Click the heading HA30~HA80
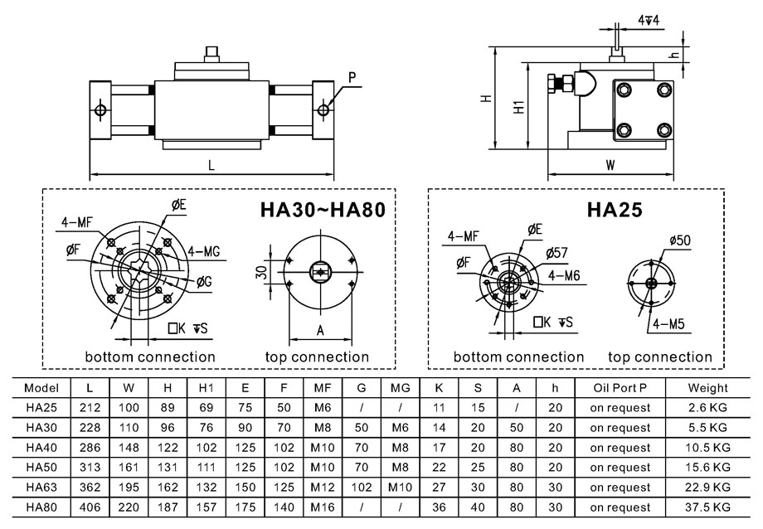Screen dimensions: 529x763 [323, 211]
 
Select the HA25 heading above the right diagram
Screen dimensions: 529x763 [615, 211]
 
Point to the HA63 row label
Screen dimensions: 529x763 [41, 488]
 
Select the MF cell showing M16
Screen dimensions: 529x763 [322, 507]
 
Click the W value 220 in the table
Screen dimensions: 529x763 [129, 507]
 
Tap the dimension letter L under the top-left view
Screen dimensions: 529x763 [211, 165]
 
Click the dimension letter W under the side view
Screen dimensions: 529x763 [610, 164]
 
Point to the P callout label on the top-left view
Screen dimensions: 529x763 [352, 78]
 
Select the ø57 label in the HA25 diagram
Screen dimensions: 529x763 [557, 252]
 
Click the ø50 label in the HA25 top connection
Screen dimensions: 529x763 [680, 240]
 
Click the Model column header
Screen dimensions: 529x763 [41, 387]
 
